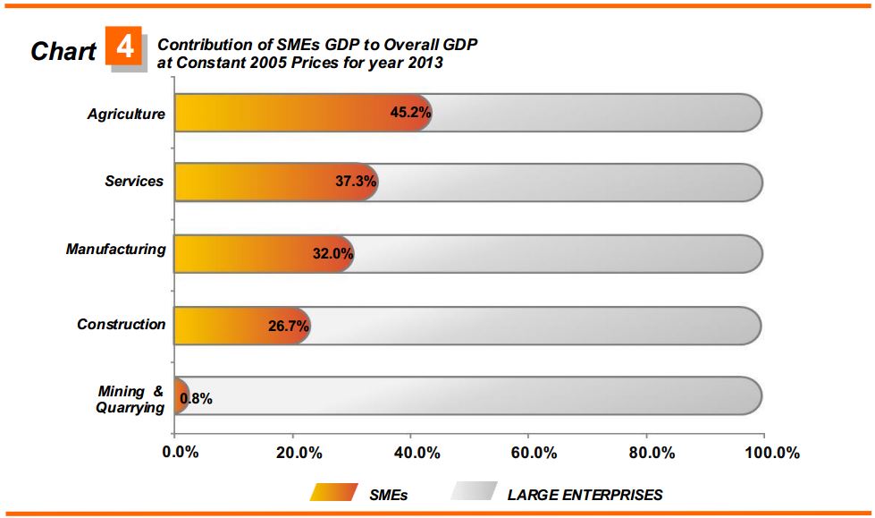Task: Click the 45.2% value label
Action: tap(411, 114)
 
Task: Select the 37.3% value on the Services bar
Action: tap(356, 182)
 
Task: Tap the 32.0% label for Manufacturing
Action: tap(332, 253)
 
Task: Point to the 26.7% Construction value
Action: tap(289, 326)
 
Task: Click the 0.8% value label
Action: tap(196, 399)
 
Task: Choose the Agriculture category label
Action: tap(126, 114)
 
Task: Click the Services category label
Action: tap(134, 182)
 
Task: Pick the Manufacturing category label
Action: tap(115, 250)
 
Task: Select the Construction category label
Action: tap(121, 325)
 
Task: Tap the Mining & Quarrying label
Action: tap(130, 399)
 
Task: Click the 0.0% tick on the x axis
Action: tap(181, 452)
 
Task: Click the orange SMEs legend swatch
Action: tap(334, 492)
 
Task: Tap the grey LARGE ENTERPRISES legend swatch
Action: tap(474, 492)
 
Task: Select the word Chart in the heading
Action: tap(63, 51)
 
